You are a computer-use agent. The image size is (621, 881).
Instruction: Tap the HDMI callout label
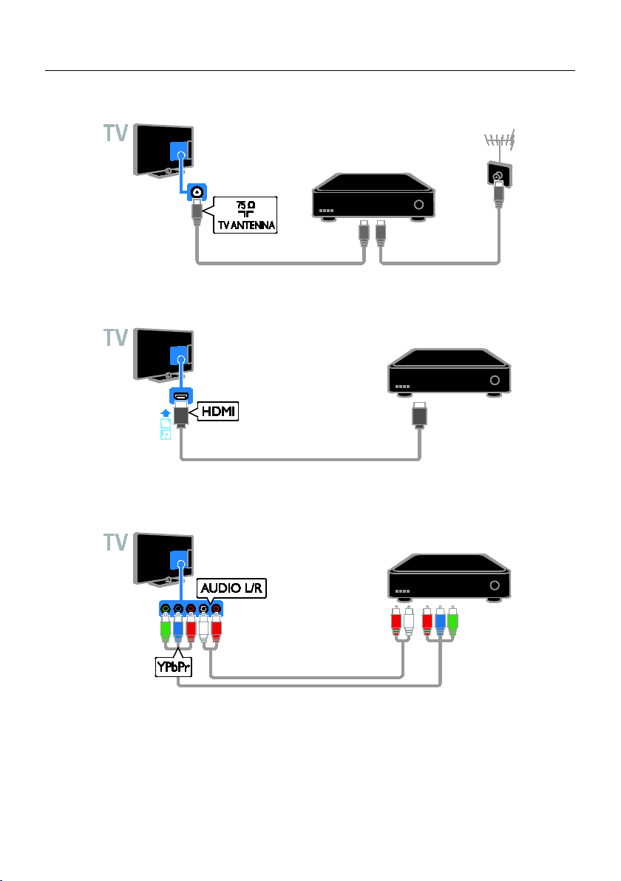[219, 412]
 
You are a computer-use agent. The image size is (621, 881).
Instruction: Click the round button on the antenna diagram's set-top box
[418, 205]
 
